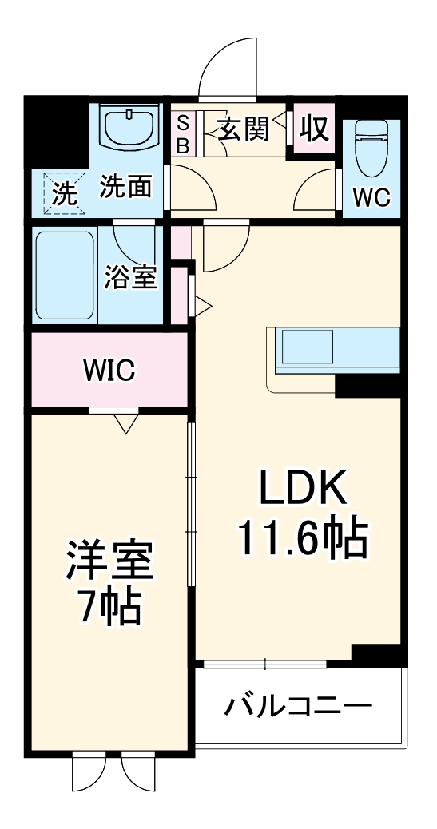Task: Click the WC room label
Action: pos(371,198)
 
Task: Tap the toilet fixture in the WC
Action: pos(371,148)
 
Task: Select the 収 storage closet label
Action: pos(314,129)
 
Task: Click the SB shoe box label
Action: pos(182,134)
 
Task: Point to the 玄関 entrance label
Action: pos(244,129)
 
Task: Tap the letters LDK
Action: pos(301,488)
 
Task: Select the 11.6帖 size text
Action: pos(301,540)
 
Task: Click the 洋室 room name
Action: pos(109,562)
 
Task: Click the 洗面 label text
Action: pos(126,188)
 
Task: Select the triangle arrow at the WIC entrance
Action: pos(125,421)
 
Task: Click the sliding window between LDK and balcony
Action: pos(264,663)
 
